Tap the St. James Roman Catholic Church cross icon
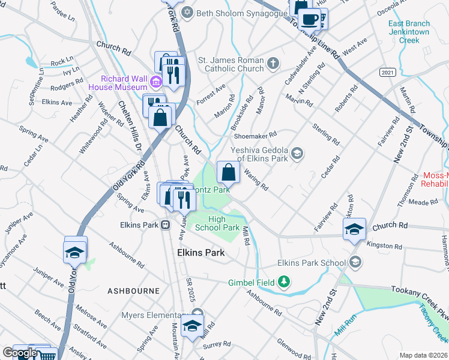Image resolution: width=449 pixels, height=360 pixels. pyautogui.click(x=274, y=63)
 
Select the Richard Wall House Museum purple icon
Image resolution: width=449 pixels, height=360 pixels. pyautogui.click(x=155, y=82)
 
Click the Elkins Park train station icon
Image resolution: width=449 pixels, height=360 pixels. pyautogui.click(x=164, y=225)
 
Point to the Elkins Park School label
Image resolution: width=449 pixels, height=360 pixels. pyautogui.click(x=312, y=263)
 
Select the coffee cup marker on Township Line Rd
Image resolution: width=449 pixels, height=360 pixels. pyautogui.click(x=309, y=19)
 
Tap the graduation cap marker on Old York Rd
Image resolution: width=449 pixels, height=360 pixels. pyautogui.click(x=76, y=252)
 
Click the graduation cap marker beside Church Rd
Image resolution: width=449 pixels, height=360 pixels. pyautogui.click(x=354, y=229)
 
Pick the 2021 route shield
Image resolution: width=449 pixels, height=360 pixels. pyautogui.click(x=387, y=72)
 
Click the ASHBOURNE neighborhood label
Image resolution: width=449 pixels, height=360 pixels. pyautogui.click(x=133, y=290)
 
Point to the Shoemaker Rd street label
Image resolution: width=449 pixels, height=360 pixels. pyautogui.click(x=255, y=135)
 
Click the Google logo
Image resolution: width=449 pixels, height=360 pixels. pyautogui.click(x=20, y=353)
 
